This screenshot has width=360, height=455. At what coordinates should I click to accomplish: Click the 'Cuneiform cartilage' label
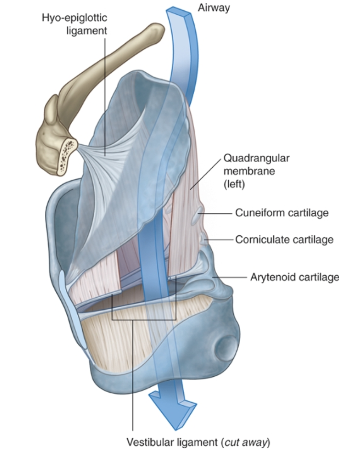[x=282, y=213]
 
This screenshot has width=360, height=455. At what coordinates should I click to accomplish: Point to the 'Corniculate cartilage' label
[x=284, y=240]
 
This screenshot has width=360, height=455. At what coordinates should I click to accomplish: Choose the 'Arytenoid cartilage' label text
[x=295, y=277]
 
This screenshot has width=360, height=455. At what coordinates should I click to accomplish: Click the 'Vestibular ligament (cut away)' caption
[x=198, y=442]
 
